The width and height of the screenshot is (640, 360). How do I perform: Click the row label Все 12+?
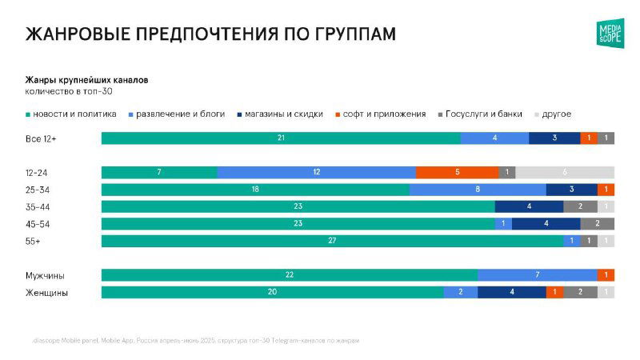pyautogui.click(x=42, y=138)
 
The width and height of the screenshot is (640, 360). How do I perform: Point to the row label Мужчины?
pyautogui.click(x=46, y=275)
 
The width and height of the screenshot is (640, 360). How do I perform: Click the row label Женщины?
pyautogui.click(x=47, y=293)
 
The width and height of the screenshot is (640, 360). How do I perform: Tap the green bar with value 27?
pyautogui.click(x=332, y=241)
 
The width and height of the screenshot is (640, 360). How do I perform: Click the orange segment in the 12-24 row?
pyautogui.click(x=457, y=172)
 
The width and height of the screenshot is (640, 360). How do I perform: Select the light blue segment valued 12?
pyautogui.click(x=316, y=172)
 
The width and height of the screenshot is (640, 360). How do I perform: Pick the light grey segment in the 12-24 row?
pyautogui.click(x=565, y=172)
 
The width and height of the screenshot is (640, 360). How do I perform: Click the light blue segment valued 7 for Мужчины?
pyautogui.click(x=537, y=275)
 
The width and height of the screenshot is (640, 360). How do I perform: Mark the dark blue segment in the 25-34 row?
pyautogui.click(x=571, y=190)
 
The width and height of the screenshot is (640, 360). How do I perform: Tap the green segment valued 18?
pyautogui.click(x=255, y=190)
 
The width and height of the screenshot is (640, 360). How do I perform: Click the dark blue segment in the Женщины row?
pyautogui.click(x=511, y=293)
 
